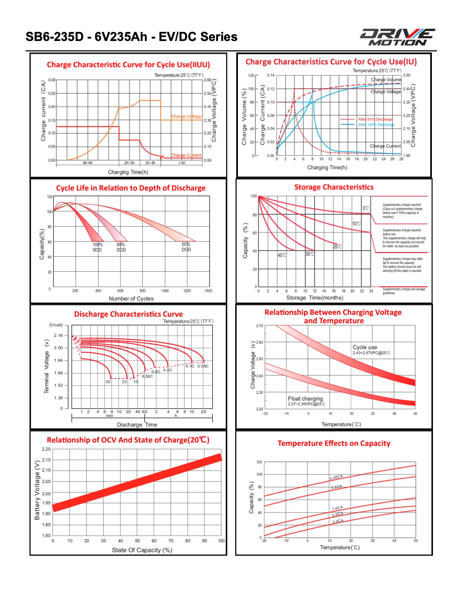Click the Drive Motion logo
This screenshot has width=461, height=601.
pyautogui.click(x=397, y=37)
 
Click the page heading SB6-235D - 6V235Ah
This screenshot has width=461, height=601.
pyautogui.click(x=131, y=37)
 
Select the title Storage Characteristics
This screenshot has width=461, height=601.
pyautogui.click(x=334, y=187)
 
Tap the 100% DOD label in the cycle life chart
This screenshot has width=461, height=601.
pyautogui.click(x=97, y=247)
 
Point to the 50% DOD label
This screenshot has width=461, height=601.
pyautogui.click(x=186, y=247)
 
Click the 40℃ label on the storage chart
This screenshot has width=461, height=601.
pyautogui.click(x=282, y=255)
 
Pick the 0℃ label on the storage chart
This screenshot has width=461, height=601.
pyautogui.click(x=366, y=208)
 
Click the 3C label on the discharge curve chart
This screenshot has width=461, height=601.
pyautogui.click(x=108, y=382)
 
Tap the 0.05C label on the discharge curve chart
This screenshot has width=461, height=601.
pyautogui.click(x=203, y=366)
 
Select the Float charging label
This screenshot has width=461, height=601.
pyautogui.click(x=305, y=399)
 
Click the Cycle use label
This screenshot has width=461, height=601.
pyautogui.click(x=365, y=347)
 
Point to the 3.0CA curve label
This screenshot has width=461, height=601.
pyautogui.click(x=338, y=521)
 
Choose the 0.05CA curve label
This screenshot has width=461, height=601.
pyautogui.click(x=336, y=477)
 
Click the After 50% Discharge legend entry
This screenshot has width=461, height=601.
pyautogui.click(x=375, y=119)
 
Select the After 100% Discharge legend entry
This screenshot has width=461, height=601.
pyautogui.click(x=376, y=125)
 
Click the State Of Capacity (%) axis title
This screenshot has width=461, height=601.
pyautogui.click(x=142, y=550)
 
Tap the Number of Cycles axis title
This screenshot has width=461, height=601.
pyautogui.click(x=131, y=298)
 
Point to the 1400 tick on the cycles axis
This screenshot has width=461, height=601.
pyautogui.click(x=208, y=291)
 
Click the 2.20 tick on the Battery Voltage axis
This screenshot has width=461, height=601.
pyautogui.click(x=46, y=449)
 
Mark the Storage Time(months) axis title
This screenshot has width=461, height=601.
pyautogui.click(x=315, y=298)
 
